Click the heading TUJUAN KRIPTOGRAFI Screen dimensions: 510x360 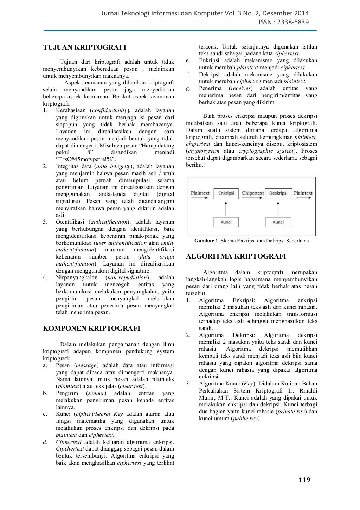point(84,47)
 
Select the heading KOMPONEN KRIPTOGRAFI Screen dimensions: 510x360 point(91,329)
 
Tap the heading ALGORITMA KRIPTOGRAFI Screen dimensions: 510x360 point(236,256)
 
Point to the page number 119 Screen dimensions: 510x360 point(304,480)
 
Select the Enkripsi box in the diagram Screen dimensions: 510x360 point(226,193)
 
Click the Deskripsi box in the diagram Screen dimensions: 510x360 point(278,193)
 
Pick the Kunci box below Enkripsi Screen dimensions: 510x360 point(226,222)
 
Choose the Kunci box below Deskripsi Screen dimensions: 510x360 point(278,222)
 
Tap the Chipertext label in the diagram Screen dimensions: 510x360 point(253,193)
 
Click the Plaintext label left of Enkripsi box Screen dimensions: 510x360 point(200,193)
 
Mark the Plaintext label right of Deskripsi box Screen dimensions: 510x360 point(303,193)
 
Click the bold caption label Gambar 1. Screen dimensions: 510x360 point(207,241)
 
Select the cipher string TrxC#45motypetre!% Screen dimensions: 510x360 point(84,159)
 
